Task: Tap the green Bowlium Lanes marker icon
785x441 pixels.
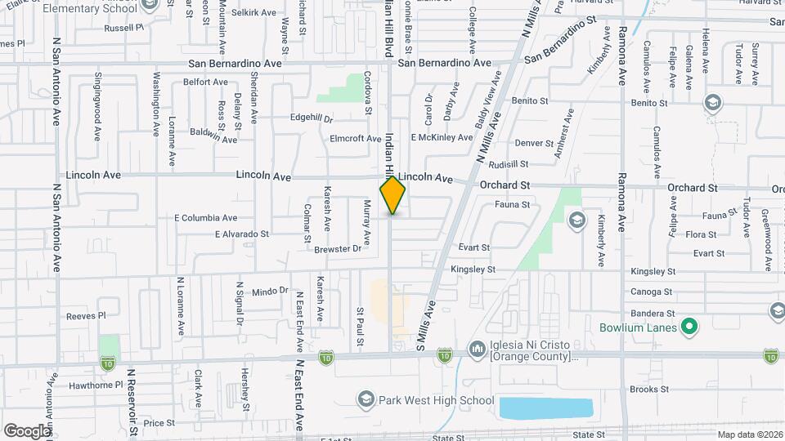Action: coord(689,328)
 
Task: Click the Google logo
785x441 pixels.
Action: coord(27,430)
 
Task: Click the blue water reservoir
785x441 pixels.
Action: coord(545,408)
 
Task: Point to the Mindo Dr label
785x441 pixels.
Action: coord(271,291)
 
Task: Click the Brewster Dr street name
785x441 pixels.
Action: coord(337,248)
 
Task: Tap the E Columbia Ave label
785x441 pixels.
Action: coord(205,218)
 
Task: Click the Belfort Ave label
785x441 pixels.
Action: coord(205,82)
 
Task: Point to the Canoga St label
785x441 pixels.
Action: coord(651,292)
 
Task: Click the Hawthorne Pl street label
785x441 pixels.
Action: coord(96,384)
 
